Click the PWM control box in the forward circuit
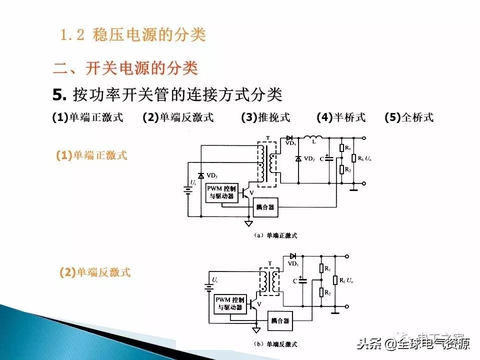[222, 192]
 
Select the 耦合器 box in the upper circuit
[265, 207]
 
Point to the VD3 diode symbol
[201, 176]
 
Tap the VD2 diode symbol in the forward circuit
[298, 158]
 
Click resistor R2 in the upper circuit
[341, 169]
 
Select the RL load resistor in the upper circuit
[354, 158]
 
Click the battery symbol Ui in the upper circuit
[188, 189]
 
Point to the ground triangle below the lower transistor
[256, 330]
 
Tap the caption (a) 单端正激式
[275, 235]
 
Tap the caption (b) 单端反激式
[275, 344]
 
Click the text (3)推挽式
[265, 117]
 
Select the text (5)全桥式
[409, 117]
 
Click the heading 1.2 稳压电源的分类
[133, 35]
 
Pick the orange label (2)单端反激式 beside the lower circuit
[95, 272]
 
